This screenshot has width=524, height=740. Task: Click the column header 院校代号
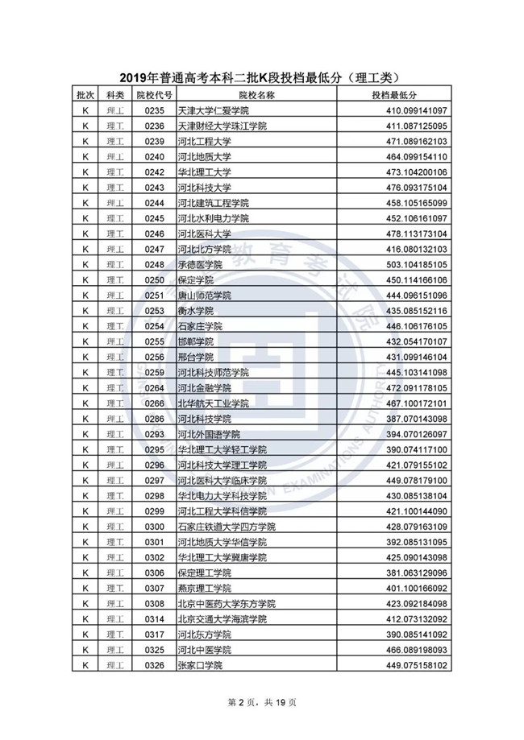click(x=154, y=95)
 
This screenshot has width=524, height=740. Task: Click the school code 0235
click(x=154, y=110)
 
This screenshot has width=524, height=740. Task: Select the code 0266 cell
click(x=154, y=403)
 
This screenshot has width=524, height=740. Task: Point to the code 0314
click(x=154, y=619)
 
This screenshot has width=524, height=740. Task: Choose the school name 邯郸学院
click(x=193, y=341)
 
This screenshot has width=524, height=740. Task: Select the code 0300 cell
click(x=154, y=527)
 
